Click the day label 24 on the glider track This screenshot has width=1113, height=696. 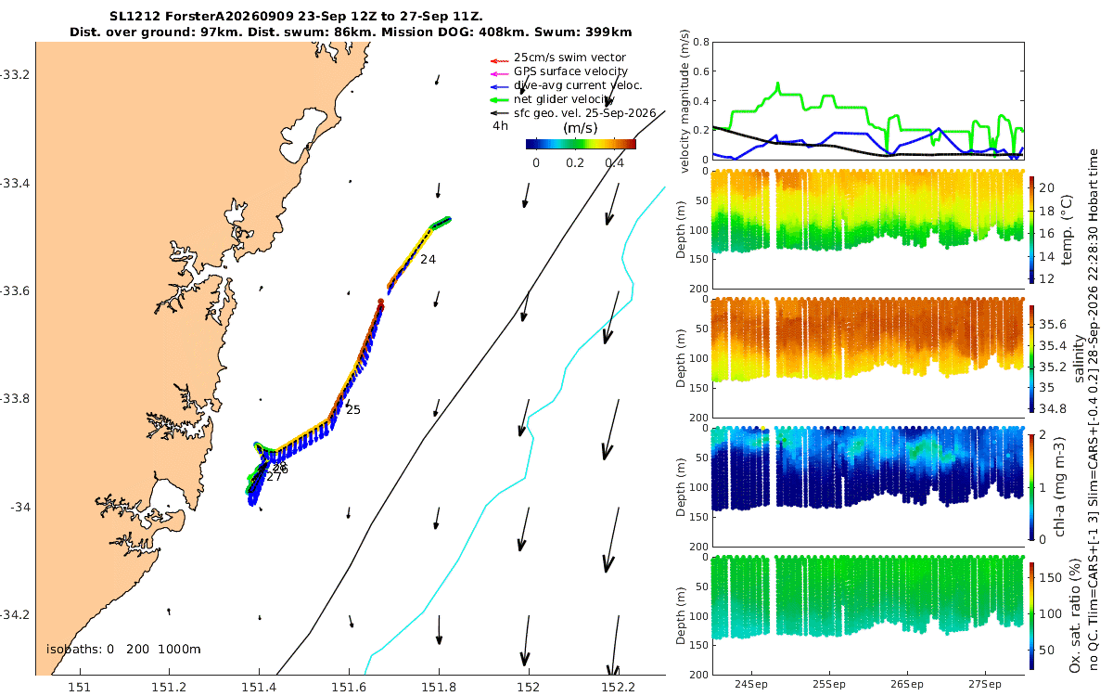click(428, 259)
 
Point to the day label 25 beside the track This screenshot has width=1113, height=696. click(352, 409)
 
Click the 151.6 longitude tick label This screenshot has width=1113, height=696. click(349, 687)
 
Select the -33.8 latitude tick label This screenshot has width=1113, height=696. click(15, 399)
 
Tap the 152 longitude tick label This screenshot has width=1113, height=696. click(528, 687)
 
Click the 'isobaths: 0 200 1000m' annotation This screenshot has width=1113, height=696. click(123, 650)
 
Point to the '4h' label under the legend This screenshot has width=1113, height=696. click(500, 126)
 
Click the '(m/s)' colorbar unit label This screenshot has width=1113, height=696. click(581, 128)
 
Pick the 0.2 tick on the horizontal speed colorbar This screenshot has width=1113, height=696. click(575, 163)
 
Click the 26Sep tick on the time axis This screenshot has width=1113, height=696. click(907, 684)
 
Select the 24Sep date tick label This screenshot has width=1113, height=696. click(750, 684)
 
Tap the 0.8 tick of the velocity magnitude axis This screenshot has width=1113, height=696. click(701, 42)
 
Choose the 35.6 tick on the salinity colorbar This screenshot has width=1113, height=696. click(1053, 324)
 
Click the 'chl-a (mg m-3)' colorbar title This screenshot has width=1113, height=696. click(1059, 487)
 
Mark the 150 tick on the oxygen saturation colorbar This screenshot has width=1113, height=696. click(1051, 577)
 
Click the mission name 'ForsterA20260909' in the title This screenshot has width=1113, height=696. click(230, 17)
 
